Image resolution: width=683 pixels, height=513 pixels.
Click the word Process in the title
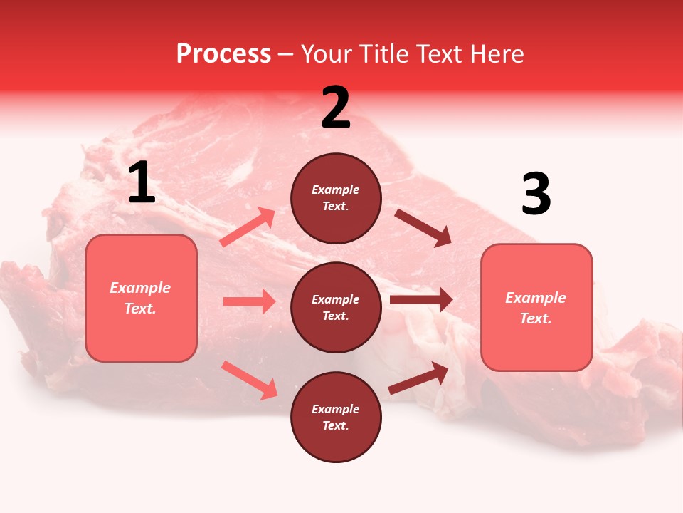coord(223,54)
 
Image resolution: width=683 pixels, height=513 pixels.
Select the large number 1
coord(142,183)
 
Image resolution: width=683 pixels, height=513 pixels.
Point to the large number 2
coord(336,108)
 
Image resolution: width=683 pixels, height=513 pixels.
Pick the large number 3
coord(536,195)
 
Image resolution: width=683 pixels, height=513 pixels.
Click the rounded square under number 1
coord(141,298)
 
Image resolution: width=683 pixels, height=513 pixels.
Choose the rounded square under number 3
coord(536,308)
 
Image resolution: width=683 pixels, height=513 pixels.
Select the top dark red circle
coord(336,198)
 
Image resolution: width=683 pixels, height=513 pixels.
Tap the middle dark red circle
coord(336,307)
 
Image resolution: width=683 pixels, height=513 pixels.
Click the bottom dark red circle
coord(336,417)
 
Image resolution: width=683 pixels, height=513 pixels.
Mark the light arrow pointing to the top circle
coord(248,227)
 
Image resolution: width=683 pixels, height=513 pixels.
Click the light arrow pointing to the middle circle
coord(249,301)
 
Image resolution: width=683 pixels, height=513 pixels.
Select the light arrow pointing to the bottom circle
coord(249,380)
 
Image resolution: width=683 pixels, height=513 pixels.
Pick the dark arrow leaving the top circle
coord(423,227)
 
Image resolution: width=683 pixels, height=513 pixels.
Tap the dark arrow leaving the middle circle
coord(421,299)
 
